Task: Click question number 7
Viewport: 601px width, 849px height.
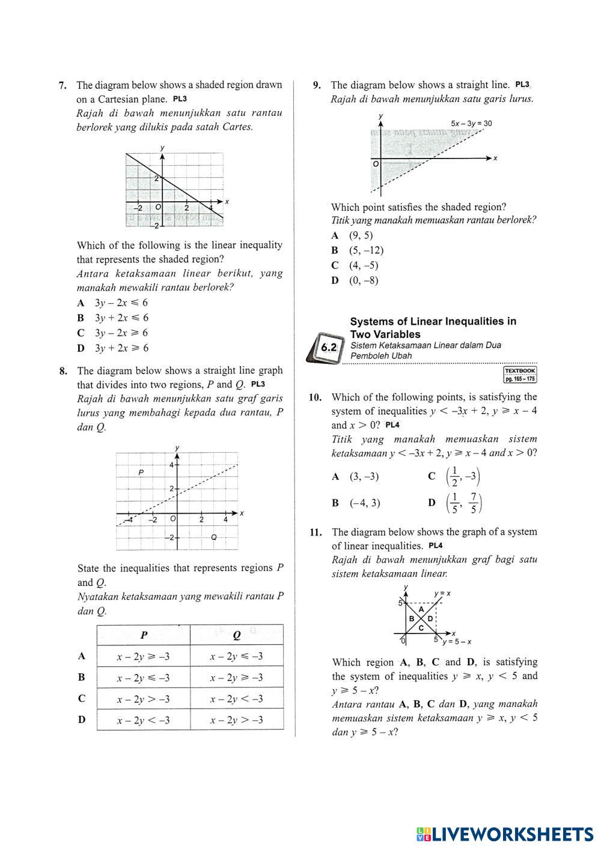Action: tap(63, 85)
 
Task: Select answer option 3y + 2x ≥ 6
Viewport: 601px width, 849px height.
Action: tap(121, 348)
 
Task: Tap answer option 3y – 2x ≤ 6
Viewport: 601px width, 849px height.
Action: tap(121, 303)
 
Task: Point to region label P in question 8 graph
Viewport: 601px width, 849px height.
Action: tap(141, 473)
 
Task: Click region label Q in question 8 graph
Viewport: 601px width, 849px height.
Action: tap(214, 537)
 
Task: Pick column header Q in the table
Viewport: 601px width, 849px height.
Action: tap(236, 635)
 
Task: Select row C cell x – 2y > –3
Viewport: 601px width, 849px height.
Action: tap(143, 699)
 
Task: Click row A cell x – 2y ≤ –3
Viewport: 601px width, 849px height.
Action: tap(236, 656)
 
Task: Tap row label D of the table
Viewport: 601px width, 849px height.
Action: tap(82, 720)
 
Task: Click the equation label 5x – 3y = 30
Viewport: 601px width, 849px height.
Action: tap(471, 124)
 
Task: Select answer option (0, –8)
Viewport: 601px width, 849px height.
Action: tap(364, 280)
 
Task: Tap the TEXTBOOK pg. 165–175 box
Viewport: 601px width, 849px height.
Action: tap(520, 375)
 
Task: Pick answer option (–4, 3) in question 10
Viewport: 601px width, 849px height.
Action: tap(365, 503)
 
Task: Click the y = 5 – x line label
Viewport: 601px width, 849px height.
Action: tap(457, 642)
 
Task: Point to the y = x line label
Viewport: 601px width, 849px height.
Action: tap(442, 594)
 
